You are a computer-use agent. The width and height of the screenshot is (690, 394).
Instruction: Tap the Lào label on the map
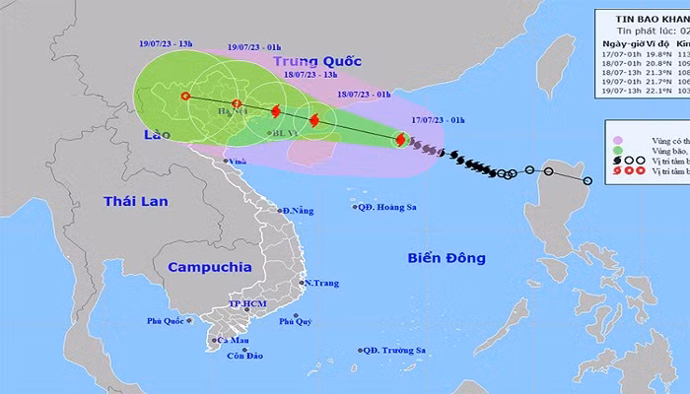tap(155, 133)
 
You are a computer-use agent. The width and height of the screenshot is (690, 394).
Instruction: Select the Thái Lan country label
tap(136, 201)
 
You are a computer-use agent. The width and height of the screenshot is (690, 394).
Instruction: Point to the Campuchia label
tap(209, 267)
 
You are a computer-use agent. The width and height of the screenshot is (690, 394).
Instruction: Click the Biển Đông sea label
tap(447, 258)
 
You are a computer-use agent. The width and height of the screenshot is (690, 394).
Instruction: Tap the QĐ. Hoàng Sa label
tap(392, 207)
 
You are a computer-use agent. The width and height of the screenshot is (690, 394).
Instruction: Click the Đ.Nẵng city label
tap(301, 211)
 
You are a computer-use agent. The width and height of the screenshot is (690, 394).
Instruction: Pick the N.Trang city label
tap(321, 284)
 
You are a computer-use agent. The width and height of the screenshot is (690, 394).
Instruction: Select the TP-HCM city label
tap(247, 304)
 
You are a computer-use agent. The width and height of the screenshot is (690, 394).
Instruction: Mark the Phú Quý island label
tap(296, 321)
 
